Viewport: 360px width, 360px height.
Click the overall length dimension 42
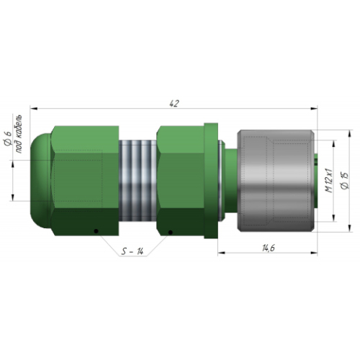click(174, 104)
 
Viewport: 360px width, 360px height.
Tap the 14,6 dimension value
click(269, 248)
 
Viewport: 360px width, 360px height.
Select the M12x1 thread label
click(329, 181)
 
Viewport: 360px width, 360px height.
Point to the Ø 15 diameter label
click(345, 181)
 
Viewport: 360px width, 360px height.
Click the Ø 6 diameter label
click(8, 139)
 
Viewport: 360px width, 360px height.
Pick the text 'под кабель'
click(19, 134)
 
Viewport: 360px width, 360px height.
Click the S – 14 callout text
click(132, 251)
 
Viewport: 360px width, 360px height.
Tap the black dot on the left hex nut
click(96, 231)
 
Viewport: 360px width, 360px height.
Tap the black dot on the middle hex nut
click(170, 232)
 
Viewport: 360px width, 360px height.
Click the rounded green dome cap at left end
click(41, 181)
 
